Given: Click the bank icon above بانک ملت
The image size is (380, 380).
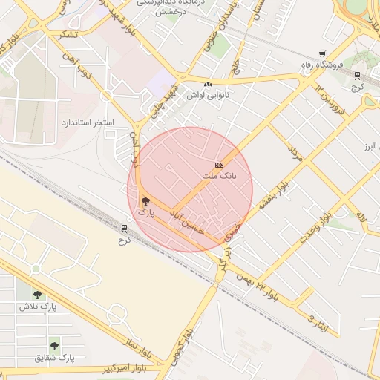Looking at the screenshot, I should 219,165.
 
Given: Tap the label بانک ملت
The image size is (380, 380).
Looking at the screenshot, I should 218,177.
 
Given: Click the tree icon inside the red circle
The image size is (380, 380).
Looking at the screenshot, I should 145,200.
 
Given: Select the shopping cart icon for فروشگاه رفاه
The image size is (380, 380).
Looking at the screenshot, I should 321,53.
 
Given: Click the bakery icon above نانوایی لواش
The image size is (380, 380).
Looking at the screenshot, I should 208,84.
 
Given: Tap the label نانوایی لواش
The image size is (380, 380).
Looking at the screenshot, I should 208,95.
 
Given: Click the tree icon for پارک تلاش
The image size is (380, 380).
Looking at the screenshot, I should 37,295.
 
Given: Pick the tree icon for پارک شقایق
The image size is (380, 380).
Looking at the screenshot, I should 54,346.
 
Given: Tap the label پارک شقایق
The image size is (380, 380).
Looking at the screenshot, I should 54,358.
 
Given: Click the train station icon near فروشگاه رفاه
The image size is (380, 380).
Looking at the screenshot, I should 357,76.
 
